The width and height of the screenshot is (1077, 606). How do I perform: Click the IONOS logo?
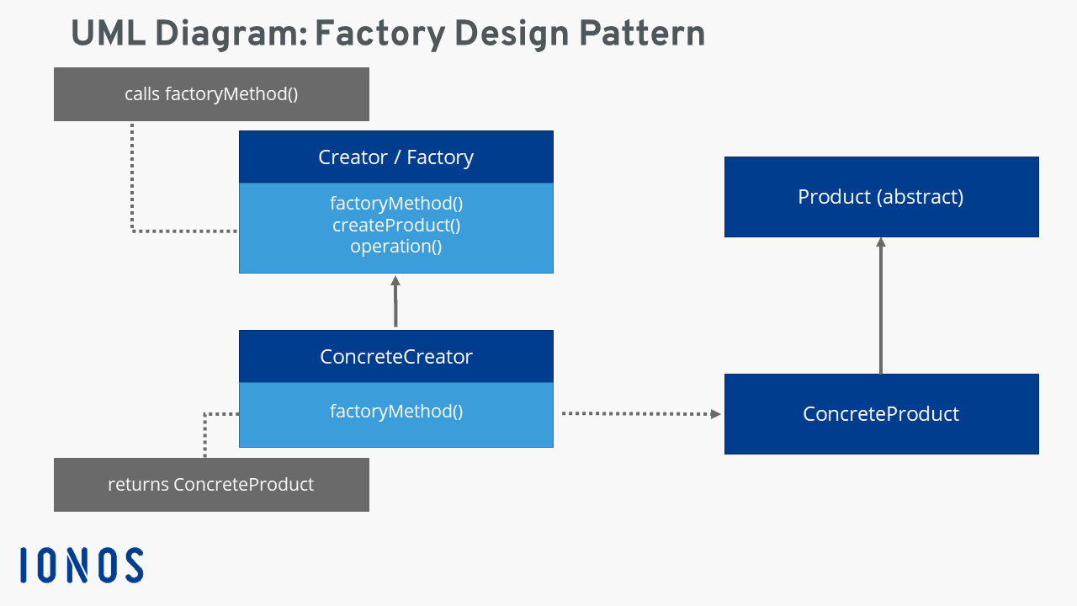(82, 565)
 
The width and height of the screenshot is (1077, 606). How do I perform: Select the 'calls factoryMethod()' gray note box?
(211, 94)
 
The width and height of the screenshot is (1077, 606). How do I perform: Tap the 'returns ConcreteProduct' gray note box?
(211, 485)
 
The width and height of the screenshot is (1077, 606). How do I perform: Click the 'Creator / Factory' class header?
(395, 157)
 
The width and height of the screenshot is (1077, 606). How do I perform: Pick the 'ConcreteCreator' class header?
(395, 357)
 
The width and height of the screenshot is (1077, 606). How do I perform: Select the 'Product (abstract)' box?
(881, 197)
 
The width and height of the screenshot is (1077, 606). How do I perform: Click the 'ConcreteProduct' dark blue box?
(881, 414)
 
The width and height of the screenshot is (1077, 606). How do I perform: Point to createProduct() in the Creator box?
(395, 226)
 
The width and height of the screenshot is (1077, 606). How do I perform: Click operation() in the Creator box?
(395, 247)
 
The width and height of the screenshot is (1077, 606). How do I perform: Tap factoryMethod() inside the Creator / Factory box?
(395, 204)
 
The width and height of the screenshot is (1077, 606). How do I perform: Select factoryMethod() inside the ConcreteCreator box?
(395, 412)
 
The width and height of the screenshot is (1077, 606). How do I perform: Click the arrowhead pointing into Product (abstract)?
(881, 242)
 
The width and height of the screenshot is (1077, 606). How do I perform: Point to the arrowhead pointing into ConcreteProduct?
(716, 413)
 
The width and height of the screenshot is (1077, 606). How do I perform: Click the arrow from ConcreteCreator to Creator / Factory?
(395, 303)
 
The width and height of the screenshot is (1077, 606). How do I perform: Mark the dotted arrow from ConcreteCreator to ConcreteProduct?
(639, 413)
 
